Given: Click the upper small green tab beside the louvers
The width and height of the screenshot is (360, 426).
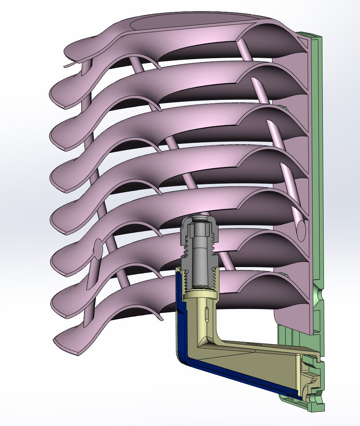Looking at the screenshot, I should pos(283,107).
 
